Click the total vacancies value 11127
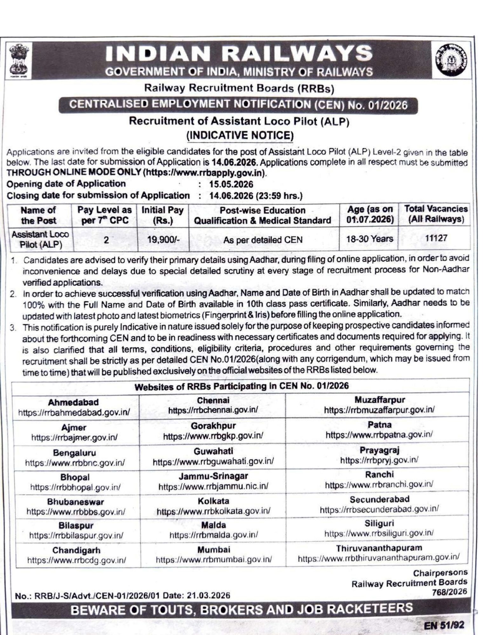(436, 238)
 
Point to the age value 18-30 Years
(370, 239)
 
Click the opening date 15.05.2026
(231, 185)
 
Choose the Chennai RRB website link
(213, 410)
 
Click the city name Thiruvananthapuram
(379, 548)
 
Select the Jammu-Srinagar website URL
(213, 486)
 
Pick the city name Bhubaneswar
(75, 502)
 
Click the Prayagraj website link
(379, 460)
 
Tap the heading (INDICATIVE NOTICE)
(240, 136)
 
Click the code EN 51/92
(444, 625)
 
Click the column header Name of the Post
(38, 215)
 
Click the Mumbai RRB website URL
(214, 559)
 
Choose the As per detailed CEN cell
(263, 240)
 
